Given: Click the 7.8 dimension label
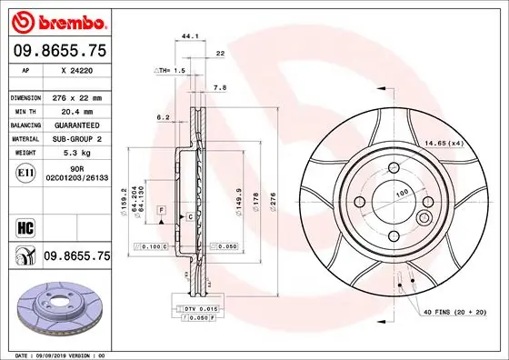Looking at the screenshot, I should point(219,88).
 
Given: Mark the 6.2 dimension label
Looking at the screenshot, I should point(163,117).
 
